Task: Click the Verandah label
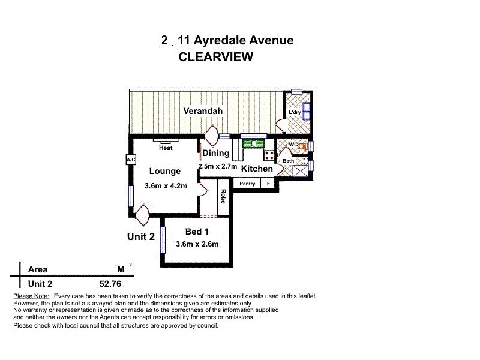click(x=203, y=111)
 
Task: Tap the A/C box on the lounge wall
click(x=131, y=160)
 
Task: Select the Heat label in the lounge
click(x=166, y=148)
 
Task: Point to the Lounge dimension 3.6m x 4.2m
click(x=166, y=186)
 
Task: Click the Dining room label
click(x=215, y=154)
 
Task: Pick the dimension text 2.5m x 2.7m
click(x=217, y=166)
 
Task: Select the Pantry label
click(x=247, y=184)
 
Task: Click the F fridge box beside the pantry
click(x=268, y=184)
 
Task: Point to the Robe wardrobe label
click(x=223, y=196)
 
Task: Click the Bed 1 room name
click(x=197, y=232)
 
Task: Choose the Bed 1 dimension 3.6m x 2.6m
click(x=197, y=244)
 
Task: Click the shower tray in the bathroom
click(x=299, y=170)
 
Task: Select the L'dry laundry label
click(x=294, y=113)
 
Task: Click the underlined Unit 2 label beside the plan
click(x=141, y=236)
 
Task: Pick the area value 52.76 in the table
click(x=110, y=284)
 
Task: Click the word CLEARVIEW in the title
click(x=215, y=57)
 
